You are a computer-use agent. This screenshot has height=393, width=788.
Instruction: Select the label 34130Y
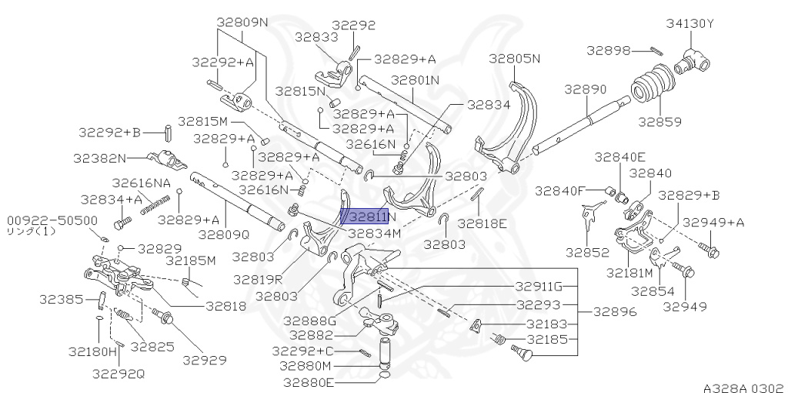tap(690, 24)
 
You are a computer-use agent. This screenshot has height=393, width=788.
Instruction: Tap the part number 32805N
tap(515, 58)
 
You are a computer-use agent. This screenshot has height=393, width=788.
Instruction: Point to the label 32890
tap(586, 89)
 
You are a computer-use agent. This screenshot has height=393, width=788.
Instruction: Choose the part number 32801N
tap(415, 79)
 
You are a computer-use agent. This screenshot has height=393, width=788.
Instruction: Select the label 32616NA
tap(142, 183)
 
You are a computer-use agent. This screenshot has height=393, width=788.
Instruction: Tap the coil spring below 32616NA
tap(155, 204)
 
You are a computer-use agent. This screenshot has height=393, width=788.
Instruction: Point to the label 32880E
tap(306, 382)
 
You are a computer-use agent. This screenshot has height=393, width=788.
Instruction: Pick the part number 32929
tap(205, 359)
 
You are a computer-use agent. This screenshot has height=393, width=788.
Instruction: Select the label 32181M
tap(629, 272)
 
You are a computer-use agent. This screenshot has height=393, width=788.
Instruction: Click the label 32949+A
tap(713, 223)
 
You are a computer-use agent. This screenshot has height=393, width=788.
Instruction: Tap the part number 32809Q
tap(224, 234)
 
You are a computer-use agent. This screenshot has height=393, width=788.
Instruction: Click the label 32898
tap(608, 50)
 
